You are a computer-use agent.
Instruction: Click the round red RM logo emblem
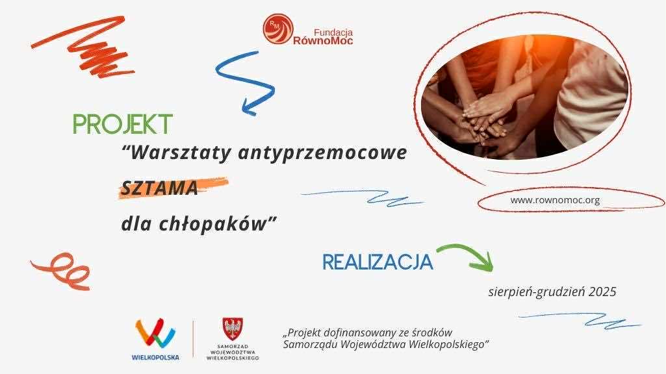click(278, 29)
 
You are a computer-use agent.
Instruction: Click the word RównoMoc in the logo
click(323, 41)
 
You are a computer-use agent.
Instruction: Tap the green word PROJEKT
click(123, 124)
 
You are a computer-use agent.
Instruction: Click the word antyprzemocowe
click(323, 153)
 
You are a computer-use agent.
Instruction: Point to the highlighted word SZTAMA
click(160, 188)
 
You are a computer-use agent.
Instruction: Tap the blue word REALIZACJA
click(378, 262)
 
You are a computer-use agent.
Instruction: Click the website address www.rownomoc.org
click(555, 200)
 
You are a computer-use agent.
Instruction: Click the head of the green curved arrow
click(483, 262)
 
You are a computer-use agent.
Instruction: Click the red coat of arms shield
click(233, 329)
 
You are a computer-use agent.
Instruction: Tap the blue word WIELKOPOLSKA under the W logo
click(155, 358)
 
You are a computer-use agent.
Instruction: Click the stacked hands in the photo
click(484, 120)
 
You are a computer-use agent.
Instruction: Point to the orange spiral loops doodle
click(62, 271)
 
